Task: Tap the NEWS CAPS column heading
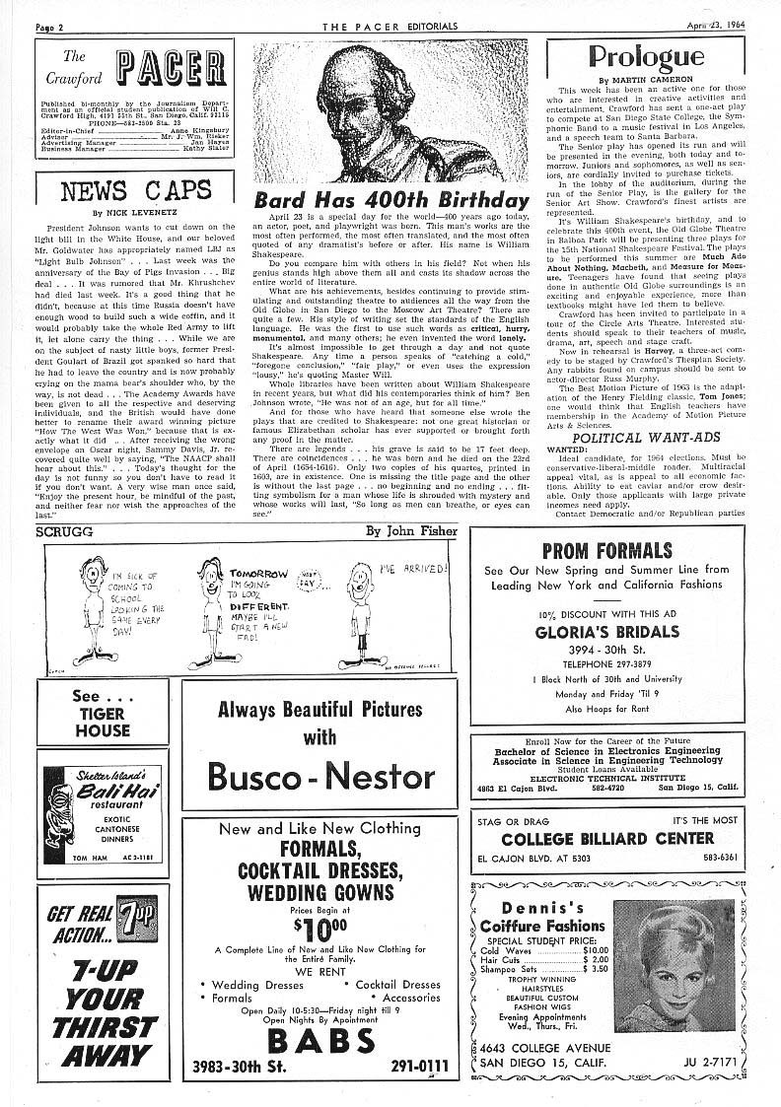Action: pyautogui.click(x=135, y=190)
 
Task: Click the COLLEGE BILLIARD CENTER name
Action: pyautogui.click(x=607, y=838)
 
